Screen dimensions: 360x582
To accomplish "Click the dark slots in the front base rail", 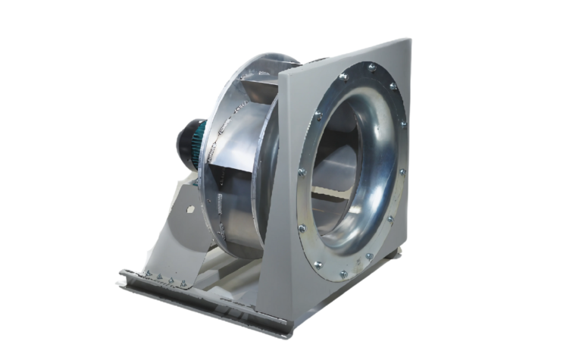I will (227, 311).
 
